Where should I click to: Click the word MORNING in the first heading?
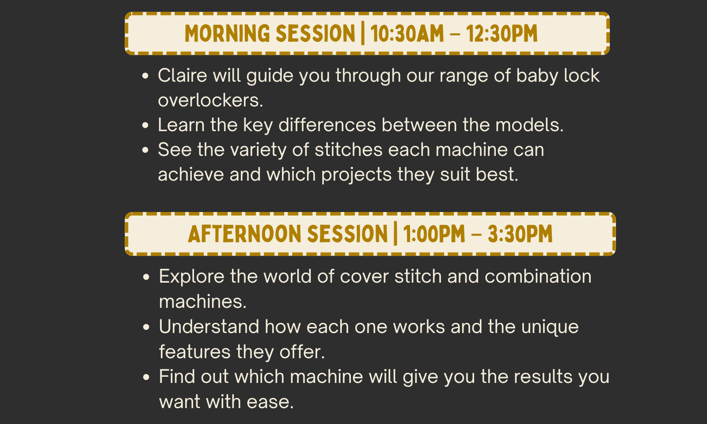click(227, 34)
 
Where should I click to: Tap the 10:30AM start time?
click(407, 34)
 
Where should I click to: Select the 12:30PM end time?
click(502, 34)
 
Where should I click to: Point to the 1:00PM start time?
click(434, 234)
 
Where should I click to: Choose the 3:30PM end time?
click(520, 234)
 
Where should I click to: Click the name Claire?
click(182, 76)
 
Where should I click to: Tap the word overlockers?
click(210, 100)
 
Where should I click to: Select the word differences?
click(327, 125)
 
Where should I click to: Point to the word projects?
click(356, 175)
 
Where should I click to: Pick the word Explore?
click(192, 277)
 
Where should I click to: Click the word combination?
click(538, 276)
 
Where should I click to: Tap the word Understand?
click(209, 326)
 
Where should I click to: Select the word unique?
click(550, 327)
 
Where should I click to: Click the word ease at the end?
click(270, 402)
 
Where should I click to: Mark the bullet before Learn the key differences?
click(145, 125)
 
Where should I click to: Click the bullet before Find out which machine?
click(146, 377)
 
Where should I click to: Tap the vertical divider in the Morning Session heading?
click(363, 33)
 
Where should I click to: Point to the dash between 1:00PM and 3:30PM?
click(476, 234)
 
